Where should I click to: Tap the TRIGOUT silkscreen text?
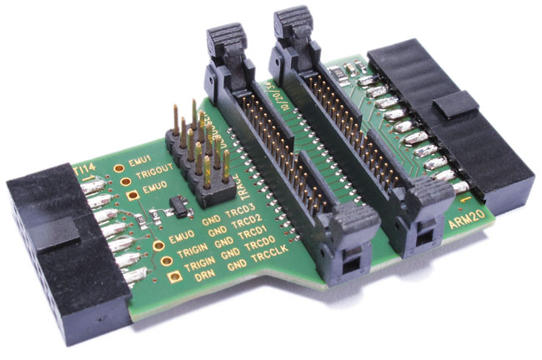[x=155, y=176]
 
